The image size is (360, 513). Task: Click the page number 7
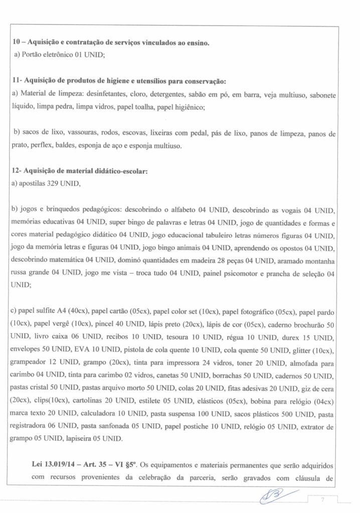point(324,500)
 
